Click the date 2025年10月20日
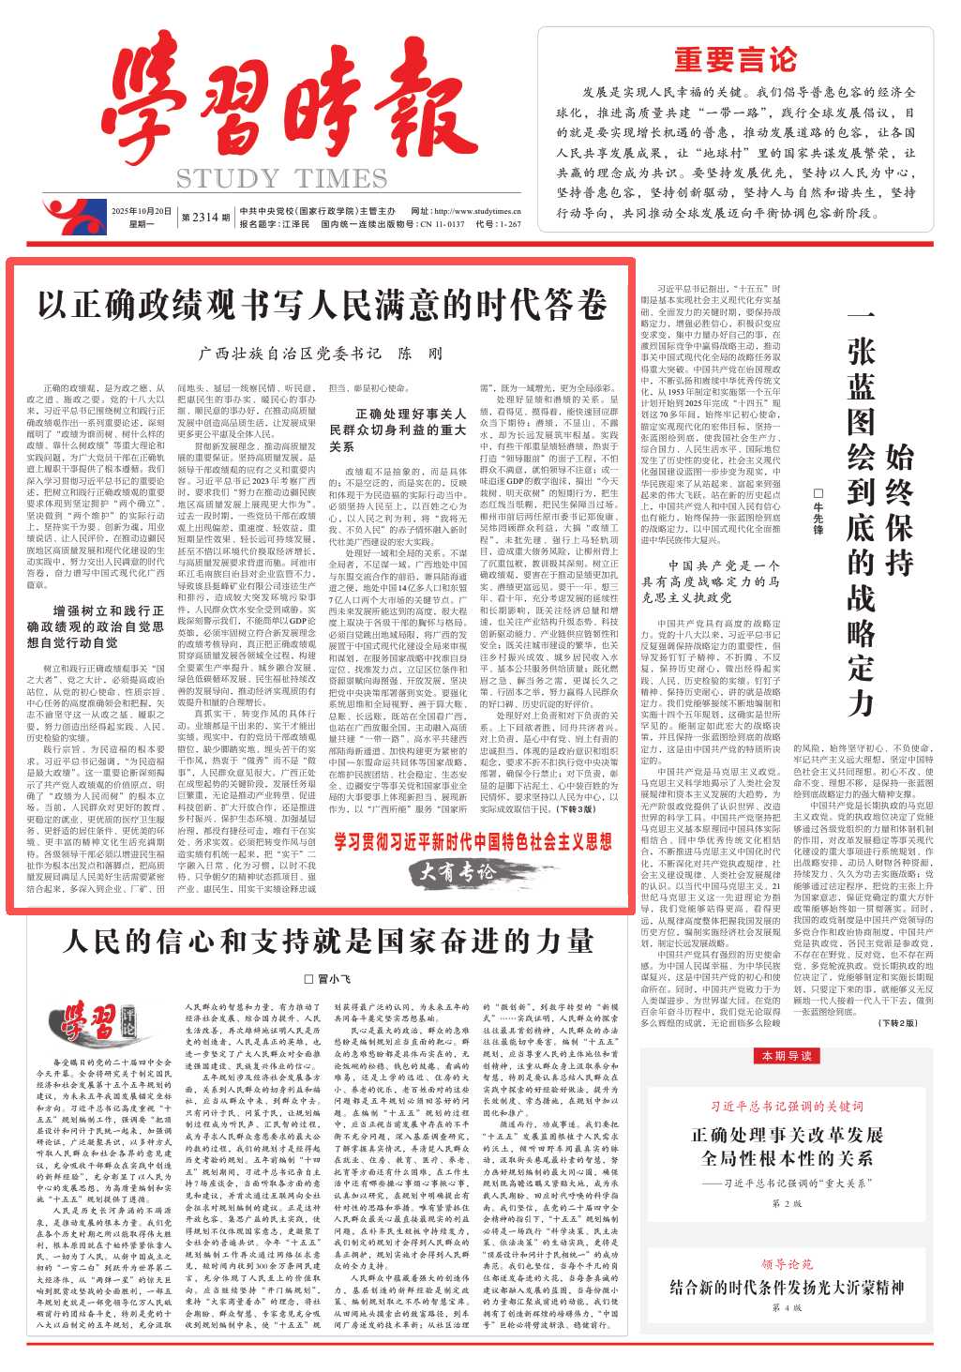point(141,211)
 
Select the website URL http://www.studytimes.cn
point(478,212)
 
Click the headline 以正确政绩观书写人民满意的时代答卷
point(322,306)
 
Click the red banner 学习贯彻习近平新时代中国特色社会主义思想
point(473,841)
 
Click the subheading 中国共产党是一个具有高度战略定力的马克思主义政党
point(711,580)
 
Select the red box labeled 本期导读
point(787,1056)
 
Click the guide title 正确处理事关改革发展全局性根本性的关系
point(787,1146)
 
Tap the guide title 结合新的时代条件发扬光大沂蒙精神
point(787,1287)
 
